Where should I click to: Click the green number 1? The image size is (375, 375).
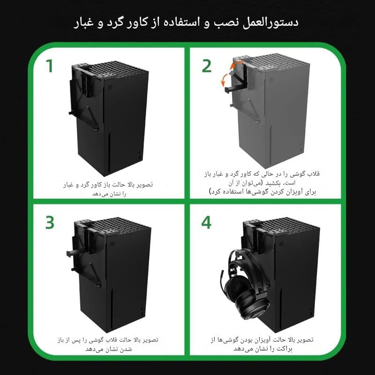coord(50,66)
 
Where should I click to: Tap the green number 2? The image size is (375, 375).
coord(207,66)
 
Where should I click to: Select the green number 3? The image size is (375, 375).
coord(50,223)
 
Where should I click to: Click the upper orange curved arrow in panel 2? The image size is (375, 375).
coord(236,64)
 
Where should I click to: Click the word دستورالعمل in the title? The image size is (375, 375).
coord(270,22)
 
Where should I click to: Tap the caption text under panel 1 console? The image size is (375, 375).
coord(108,189)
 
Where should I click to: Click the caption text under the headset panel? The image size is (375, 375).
coord(262,344)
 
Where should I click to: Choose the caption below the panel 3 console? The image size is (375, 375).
coord(108,344)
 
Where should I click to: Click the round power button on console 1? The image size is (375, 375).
coord(110,87)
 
